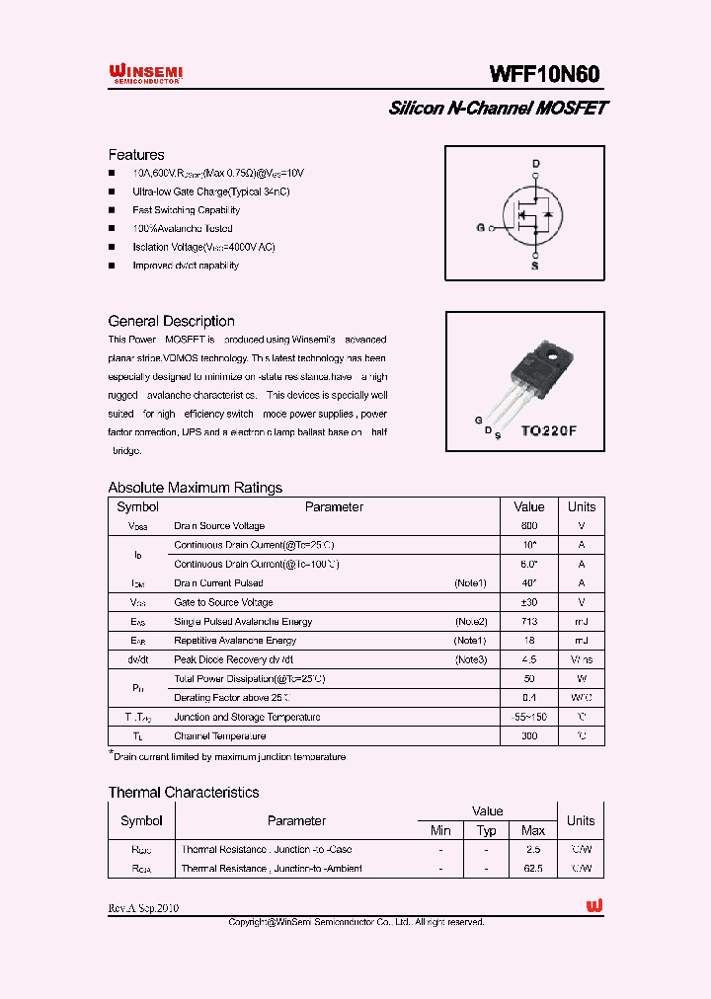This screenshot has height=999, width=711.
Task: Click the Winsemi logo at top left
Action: (x=144, y=73)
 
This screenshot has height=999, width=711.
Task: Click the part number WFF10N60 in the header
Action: (x=544, y=74)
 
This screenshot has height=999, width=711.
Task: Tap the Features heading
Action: (x=136, y=155)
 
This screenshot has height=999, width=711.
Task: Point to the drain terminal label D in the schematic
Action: (x=536, y=163)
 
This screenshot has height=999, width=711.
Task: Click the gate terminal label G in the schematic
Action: (x=480, y=227)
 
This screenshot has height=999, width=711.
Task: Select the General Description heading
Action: (x=171, y=321)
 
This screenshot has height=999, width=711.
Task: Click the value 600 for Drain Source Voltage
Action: (x=529, y=526)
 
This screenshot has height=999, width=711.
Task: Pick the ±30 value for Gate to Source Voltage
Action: (x=529, y=602)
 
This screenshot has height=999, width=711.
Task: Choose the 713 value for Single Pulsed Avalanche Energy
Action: (x=529, y=622)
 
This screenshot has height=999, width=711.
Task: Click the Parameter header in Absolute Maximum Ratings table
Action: (x=334, y=506)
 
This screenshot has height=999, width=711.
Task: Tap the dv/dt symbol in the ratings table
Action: (x=137, y=659)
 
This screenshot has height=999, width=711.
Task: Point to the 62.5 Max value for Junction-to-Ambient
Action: (x=533, y=869)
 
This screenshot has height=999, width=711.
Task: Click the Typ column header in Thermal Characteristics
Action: (x=486, y=830)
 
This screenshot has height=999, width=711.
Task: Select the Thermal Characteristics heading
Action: (x=184, y=793)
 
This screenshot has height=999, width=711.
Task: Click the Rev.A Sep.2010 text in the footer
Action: (x=144, y=907)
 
